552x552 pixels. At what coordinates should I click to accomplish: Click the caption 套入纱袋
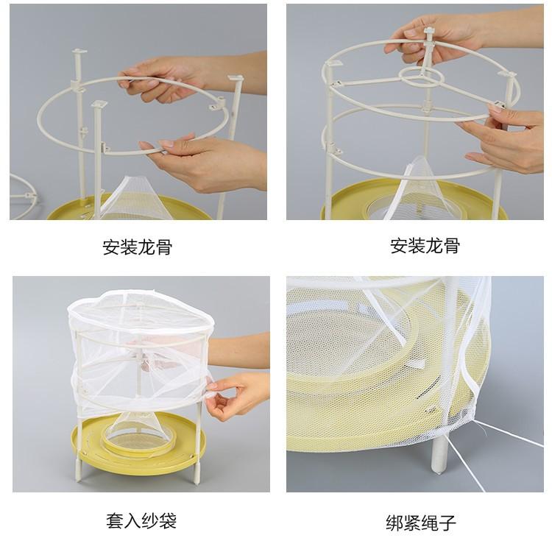[141, 521]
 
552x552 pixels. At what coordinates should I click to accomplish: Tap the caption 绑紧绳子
[421, 523]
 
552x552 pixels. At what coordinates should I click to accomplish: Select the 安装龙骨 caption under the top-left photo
[138, 247]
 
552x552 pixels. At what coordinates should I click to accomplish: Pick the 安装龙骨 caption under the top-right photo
[425, 245]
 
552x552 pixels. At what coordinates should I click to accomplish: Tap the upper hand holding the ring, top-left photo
[183, 76]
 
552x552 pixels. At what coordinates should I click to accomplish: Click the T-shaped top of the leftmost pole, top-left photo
[79, 52]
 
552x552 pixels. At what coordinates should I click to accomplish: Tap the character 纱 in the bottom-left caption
[150, 521]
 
